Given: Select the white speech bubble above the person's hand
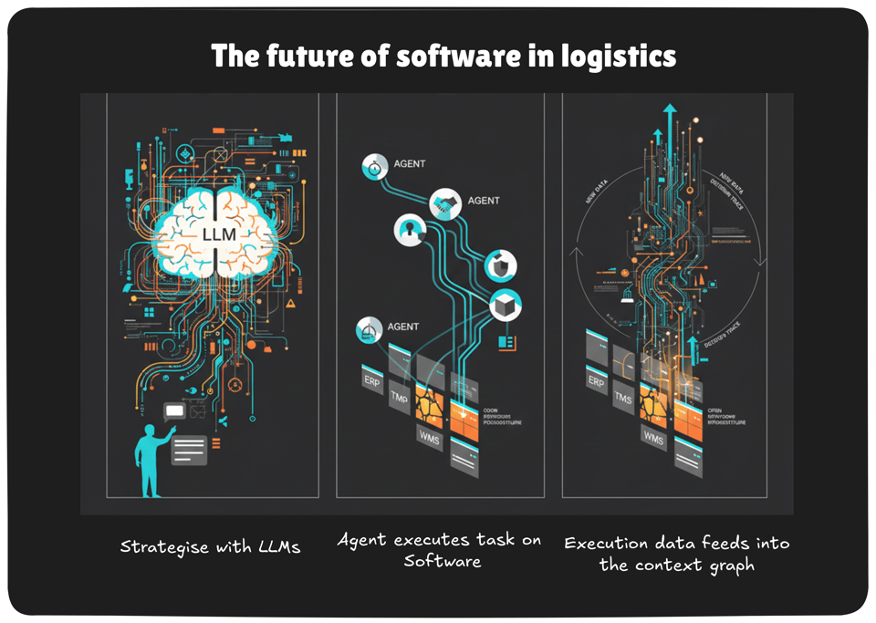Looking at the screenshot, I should pyautogui.click(x=174, y=411).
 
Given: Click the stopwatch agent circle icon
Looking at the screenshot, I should pyautogui.click(x=375, y=167).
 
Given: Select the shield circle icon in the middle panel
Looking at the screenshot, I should pyautogui.click(x=501, y=265).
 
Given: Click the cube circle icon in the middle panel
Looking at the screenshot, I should pyautogui.click(x=504, y=306).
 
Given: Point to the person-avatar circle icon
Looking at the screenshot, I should pyautogui.click(x=409, y=230).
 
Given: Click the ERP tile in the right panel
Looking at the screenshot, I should pyautogui.click(x=596, y=381).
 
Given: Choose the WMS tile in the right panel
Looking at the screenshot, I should pyautogui.click(x=653, y=439).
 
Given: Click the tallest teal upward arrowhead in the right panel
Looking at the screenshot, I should pyautogui.click(x=671, y=110).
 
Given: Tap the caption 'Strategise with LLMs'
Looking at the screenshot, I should pyautogui.click(x=210, y=547).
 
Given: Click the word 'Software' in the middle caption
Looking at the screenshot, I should pyautogui.click(x=442, y=561).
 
